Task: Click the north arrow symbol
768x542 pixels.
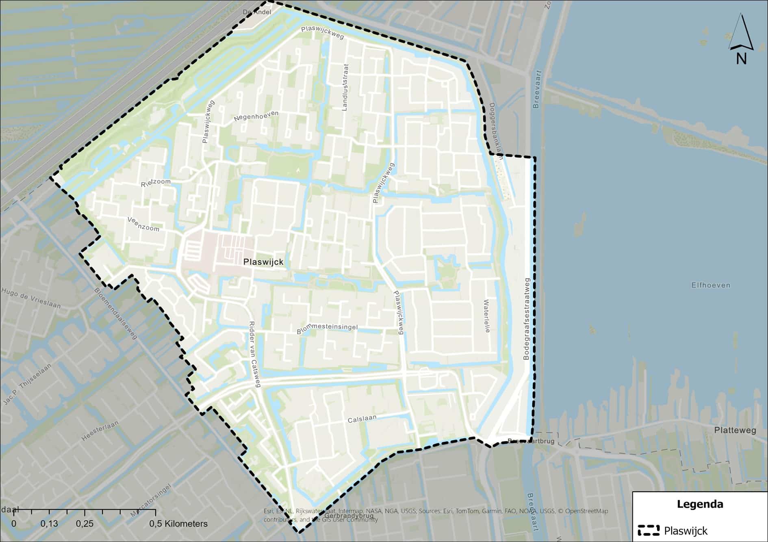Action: point(741,39)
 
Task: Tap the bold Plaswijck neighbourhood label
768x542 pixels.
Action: point(263,262)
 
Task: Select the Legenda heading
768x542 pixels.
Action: point(700,504)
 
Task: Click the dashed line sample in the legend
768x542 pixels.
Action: point(648,531)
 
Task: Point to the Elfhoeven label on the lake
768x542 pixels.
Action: point(711,285)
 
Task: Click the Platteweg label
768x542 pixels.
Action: point(735,430)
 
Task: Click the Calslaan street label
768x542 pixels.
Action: point(362,419)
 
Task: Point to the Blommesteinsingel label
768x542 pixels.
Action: point(327,329)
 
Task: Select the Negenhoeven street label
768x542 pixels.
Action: point(256,116)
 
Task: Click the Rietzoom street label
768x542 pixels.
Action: point(156,183)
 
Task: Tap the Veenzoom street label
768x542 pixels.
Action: point(143,224)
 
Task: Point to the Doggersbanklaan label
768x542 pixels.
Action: point(496,130)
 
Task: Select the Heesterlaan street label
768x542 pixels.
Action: point(100,431)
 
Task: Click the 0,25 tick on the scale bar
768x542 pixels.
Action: point(85,524)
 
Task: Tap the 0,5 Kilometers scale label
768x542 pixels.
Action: point(178,524)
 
